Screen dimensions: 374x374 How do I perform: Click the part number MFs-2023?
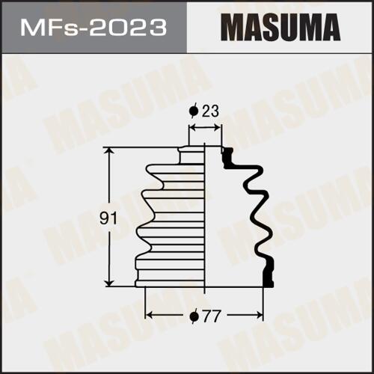click(x=93, y=28)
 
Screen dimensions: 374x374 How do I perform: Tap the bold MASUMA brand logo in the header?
click(x=280, y=28)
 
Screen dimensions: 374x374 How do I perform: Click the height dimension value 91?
click(x=108, y=218)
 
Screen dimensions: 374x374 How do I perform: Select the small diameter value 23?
click(x=210, y=111)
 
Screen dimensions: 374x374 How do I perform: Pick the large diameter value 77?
click(x=212, y=316)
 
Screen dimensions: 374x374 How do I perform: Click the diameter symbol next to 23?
click(x=194, y=111)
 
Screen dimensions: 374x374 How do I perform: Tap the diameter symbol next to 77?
click(x=194, y=316)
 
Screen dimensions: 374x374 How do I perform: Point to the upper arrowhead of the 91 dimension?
click(x=108, y=151)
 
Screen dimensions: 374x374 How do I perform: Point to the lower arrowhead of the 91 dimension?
click(x=108, y=283)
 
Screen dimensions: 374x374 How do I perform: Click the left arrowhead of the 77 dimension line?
click(x=149, y=316)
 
